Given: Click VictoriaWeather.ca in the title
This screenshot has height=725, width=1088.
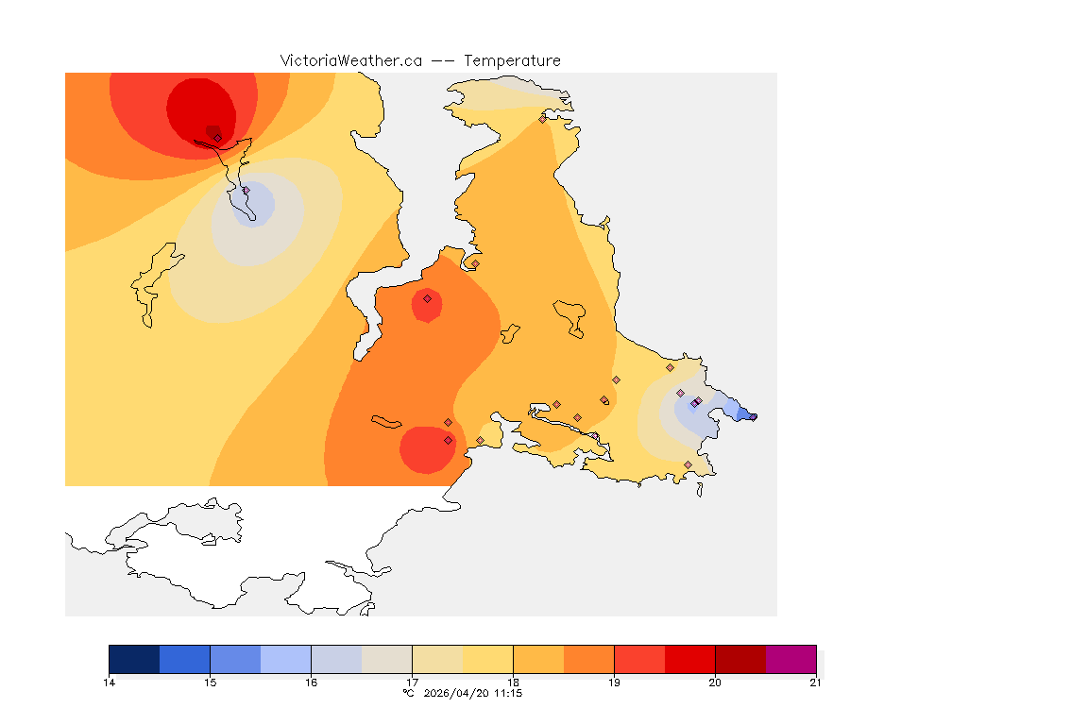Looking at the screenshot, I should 350,60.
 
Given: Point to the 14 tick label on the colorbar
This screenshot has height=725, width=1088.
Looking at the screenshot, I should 110,682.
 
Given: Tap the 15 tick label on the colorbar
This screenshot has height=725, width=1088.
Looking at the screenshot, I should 210,682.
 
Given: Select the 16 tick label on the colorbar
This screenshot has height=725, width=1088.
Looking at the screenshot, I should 311,682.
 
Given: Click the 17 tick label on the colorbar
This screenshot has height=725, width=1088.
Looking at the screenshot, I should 412,682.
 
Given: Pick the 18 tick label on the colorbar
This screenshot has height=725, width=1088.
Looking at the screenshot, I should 513,682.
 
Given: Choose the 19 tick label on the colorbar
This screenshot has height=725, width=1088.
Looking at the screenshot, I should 614,682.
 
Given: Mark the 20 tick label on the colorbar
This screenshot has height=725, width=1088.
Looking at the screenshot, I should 715,682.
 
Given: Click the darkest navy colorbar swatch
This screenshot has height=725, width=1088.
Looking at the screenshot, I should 134,659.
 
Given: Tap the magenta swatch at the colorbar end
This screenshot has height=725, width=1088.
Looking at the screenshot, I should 790,659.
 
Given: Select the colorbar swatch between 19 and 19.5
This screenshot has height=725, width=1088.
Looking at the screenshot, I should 639,659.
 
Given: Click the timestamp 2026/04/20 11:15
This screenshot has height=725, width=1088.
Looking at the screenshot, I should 473,693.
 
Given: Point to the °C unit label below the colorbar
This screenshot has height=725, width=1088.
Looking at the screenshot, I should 408,693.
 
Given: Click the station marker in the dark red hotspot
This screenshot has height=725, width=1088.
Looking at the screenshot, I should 217,138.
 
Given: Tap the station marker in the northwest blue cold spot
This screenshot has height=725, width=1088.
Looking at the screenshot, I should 246,191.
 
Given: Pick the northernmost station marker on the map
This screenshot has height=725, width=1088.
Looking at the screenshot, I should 542,119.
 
